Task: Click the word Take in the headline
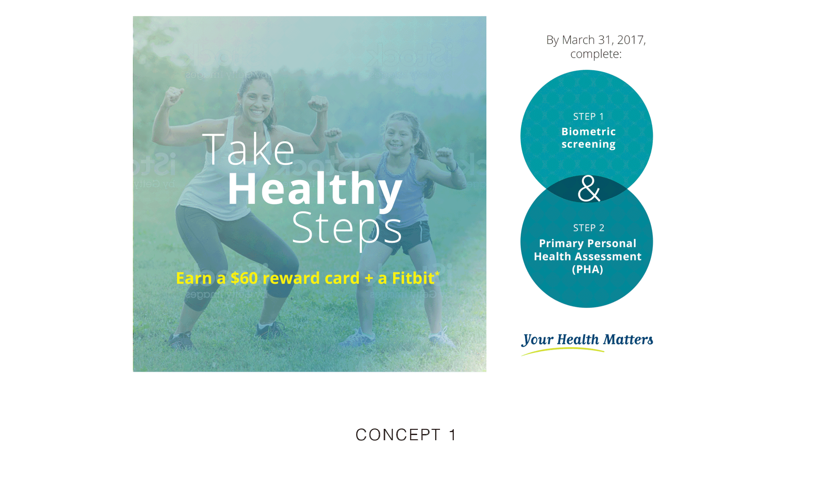249,150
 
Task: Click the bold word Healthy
315,190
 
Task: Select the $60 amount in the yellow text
244,278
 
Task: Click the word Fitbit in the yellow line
413,278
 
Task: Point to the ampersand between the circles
588,189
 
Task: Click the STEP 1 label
588,116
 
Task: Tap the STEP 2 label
588,228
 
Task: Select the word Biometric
588,131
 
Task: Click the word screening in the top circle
588,144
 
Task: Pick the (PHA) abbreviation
587,269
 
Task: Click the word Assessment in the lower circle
608,256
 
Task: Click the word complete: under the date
596,54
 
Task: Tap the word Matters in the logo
628,340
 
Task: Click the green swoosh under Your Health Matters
563,350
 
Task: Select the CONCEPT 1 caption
406,435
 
